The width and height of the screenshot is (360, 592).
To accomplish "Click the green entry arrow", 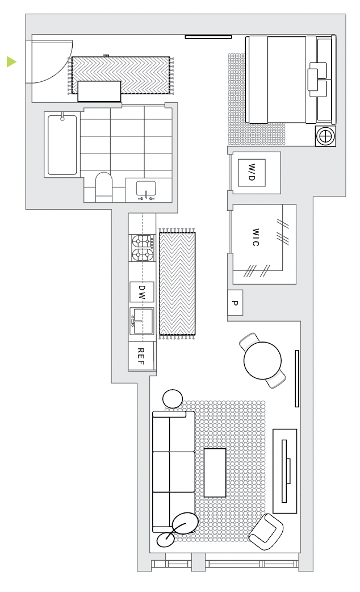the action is [x=11, y=61].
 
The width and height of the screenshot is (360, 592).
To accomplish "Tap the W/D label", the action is [x=252, y=173].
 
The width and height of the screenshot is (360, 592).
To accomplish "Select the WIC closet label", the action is [x=256, y=237].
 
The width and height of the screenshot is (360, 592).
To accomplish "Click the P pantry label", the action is [x=235, y=303].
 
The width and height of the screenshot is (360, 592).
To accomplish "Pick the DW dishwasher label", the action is [x=141, y=292].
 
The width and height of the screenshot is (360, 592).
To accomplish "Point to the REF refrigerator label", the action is [x=140, y=356].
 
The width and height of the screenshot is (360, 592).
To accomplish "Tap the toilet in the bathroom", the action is [x=103, y=187].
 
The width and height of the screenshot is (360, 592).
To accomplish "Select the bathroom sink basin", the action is [x=146, y=189].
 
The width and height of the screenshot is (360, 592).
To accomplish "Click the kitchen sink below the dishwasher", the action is [x=141, y=321].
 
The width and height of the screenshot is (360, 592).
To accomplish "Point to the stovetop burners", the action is [x=143, y=248].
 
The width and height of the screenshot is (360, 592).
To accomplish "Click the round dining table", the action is [x=263, y=361].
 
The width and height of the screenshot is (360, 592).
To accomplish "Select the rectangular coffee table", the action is [x=215, y=473].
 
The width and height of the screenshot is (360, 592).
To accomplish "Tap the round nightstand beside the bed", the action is [x=325, y=136].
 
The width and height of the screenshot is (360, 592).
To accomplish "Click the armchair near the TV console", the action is [x=266, y=532].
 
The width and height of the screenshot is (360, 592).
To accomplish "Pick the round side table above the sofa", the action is [x=173, y=399].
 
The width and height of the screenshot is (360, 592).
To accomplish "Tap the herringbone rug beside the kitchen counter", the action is [x=177, y=284].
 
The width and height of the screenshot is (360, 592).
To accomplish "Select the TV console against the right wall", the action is [x=285, y=471].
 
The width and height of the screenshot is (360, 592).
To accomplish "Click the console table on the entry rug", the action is [x=99, y=91].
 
